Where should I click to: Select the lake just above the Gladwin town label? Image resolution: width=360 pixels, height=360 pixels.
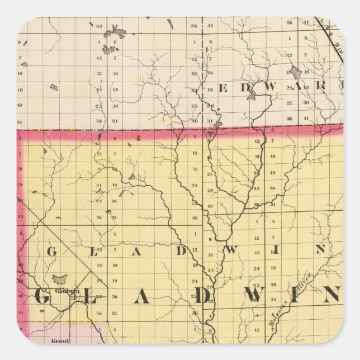pyautogui.click(x=59, y=278)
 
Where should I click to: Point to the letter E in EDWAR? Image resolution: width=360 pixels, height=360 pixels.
pyautogui.click(x=223, y=88)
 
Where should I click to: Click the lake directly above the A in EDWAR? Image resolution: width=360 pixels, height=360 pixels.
pyautogui.click(x=295, y=72)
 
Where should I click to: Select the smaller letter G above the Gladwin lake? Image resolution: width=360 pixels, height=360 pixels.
pyautogui.click(x=50, y=251)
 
